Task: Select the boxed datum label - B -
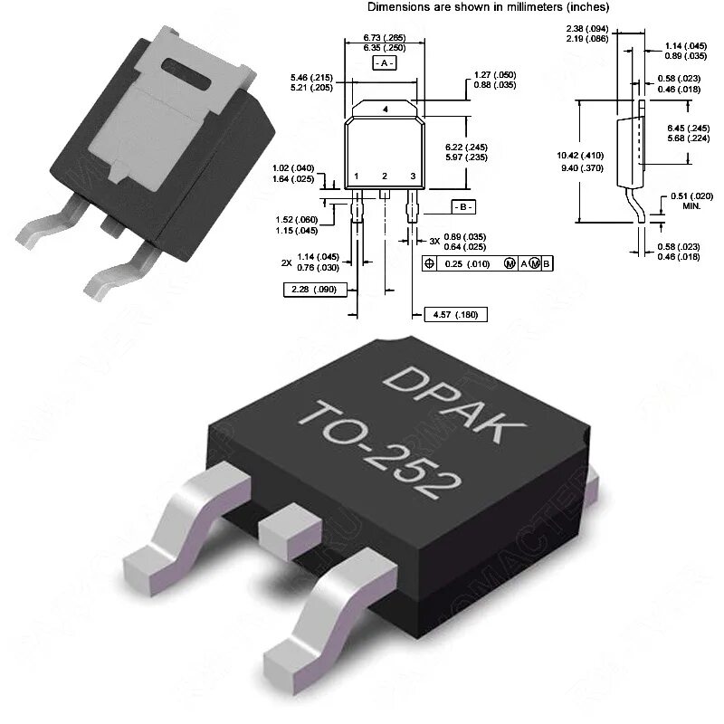click(x=462, y=206)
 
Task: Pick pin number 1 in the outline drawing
click(x=357, y=176)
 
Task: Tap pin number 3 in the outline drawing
click(x=413, y=176)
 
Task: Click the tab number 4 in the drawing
click(x=386, y=110)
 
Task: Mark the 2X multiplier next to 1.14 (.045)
click(x=286, y=262)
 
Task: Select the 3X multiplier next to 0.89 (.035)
click(x=434, y=241)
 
